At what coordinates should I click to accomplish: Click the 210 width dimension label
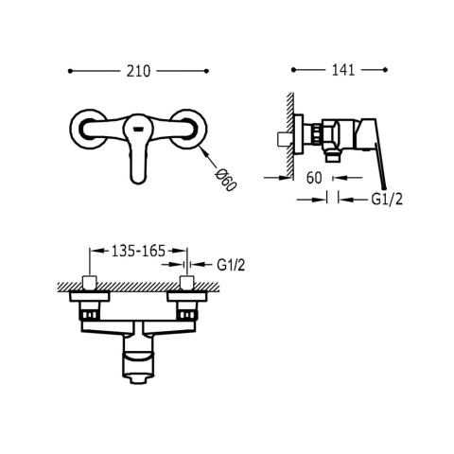[x=139, y=71]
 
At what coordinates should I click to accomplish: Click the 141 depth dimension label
[x=343, y=70]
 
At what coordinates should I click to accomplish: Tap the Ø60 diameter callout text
[x=226, y=181]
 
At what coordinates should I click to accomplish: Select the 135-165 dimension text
[x=139, y=251]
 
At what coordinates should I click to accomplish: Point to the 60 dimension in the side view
[x=314, y=178]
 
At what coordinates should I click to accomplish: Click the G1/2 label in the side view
[x=387, y=200]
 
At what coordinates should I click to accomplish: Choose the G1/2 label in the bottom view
[x=231, y=265]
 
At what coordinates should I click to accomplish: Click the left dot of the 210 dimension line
[x=70, y=71]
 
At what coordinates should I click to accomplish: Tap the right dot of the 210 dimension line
[x=207, y=71]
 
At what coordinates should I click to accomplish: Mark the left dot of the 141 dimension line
[x=293, y=70]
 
